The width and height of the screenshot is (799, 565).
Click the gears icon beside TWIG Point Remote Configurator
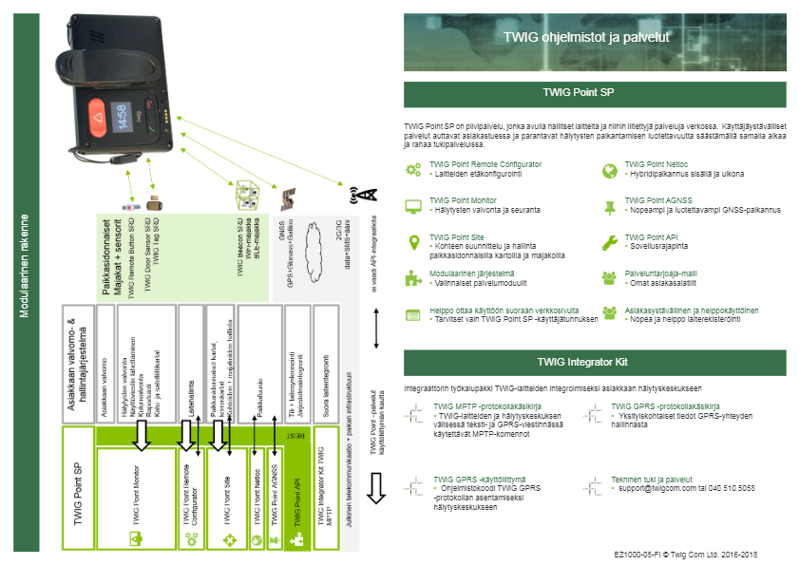[413, 170]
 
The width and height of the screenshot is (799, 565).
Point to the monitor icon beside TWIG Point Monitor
[413, 206]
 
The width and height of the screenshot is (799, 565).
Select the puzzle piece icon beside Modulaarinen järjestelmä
[413, 278]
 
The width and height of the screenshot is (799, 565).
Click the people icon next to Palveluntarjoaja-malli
[610, 278]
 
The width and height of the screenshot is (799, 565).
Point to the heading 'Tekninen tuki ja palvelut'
[651, 480]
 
